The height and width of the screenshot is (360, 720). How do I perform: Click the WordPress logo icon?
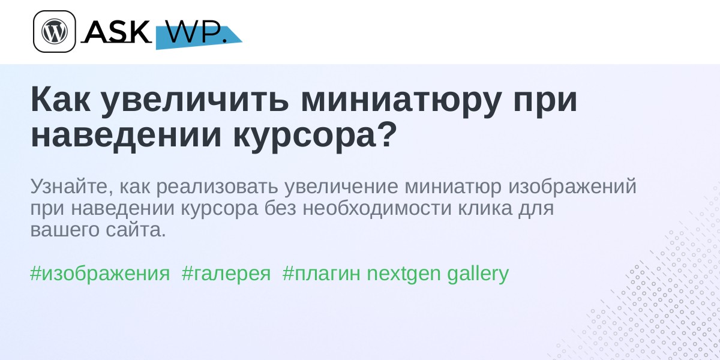pyautogui.click(x=55, y=31)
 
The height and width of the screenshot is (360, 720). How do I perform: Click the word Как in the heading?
pyautogui.click(x=61, y=99)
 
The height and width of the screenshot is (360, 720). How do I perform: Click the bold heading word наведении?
pyautogui.click(x=127, y=135)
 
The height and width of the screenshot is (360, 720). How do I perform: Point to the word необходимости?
pyautogui.click(x=377, y=208)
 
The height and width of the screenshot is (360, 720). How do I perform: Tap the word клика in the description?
pyautogui.click(x=485, y=208)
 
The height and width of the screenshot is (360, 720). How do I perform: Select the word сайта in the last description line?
pyautogui.click(x=136, y=229)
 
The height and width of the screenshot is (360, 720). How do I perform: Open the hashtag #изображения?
pyautogui.click(x=100, y=274)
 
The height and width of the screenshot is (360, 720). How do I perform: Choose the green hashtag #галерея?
pyautogui.click(x=226, y=274)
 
